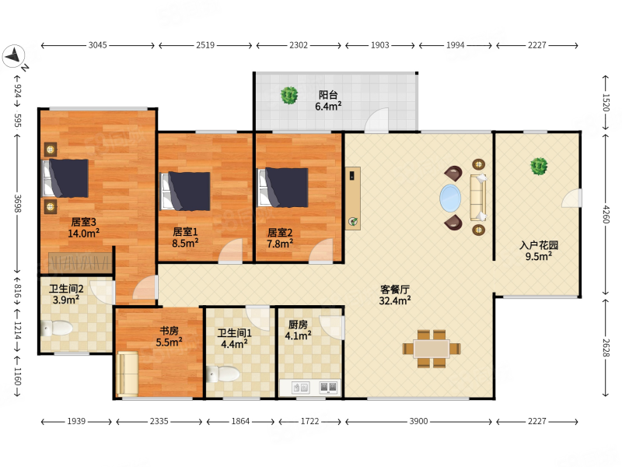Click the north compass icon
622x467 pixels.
(x=13, y=55)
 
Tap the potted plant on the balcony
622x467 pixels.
(x=289, y=95)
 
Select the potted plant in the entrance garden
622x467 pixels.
(x=539, y=166)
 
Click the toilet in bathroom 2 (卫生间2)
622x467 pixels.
(x=57, y=328)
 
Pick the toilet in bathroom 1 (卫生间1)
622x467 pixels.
(x=223, y=374)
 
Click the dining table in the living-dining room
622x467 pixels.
(x=432, y=349)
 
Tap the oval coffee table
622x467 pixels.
(x=450, y=198)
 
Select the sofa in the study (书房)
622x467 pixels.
(x=128, y=374)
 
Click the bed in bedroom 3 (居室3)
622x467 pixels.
(x=65, y=178)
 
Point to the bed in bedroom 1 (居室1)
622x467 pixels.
(x=185, y=191)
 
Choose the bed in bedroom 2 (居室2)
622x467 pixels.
(x=283, y=188)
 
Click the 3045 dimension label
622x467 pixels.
(x=98, y=45)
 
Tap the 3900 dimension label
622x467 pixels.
(x=418, y=421)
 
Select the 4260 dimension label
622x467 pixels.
(x=606, y=214)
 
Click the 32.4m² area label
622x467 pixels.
(x=395, y=300)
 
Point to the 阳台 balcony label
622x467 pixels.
(x=328, y=95)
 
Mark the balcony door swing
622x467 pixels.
(x=376, y=120)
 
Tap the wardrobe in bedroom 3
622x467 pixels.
(x=80, y=263)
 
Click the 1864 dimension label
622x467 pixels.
(x=240, y=421)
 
